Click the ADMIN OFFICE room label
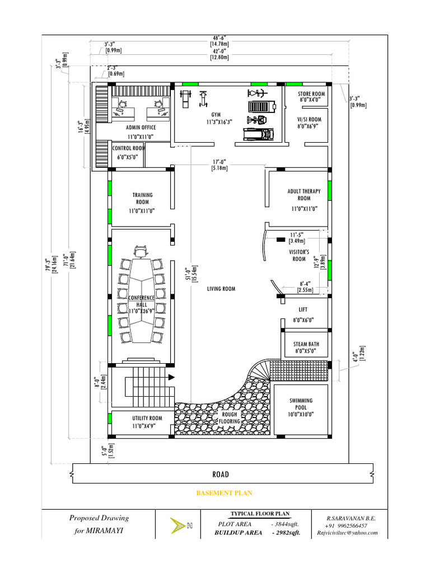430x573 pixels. click(x=141, y=128)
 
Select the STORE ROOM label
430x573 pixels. click(x=311, y=94)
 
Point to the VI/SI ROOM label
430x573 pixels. click(x=310, y=119)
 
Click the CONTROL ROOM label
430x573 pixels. click(x=128, y=148)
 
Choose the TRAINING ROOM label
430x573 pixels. click(x=142, y=198)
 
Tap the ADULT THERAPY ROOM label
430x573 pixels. click(x=304, y=195)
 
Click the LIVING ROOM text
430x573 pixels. click(x=221, y=289)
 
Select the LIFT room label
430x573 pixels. click(x=303, y=309)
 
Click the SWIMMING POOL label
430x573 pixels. click(x=301, y=405)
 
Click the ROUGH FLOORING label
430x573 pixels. click(x=230, y=418)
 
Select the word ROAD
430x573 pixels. click(x=221, y=475)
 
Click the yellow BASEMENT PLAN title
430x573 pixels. click(x=224, y=493)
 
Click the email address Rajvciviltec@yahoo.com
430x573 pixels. click(x=347, y=533)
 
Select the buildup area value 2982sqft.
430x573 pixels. click(x=286, y=533)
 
